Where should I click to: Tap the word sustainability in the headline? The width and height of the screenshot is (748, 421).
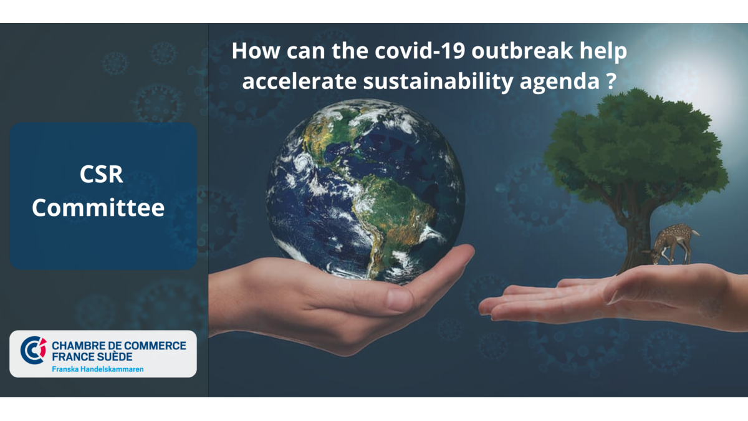point(438,82)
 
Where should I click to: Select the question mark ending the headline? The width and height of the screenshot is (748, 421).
point(611,81)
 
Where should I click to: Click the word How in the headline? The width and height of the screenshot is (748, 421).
point(256,51)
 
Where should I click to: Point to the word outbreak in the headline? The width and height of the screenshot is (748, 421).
point(522,51)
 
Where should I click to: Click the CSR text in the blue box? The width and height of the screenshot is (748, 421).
point(101,174)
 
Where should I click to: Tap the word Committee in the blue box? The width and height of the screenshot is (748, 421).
point(98,208)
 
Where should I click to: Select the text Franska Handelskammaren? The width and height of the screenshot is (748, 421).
point(98,369)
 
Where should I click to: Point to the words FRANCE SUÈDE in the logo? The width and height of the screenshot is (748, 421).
point(92,357)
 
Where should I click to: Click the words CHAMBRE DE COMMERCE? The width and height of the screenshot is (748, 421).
point(119,346)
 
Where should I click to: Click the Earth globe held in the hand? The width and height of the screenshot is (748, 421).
point(365,190)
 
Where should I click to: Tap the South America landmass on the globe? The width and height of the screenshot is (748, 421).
point(391,214)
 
